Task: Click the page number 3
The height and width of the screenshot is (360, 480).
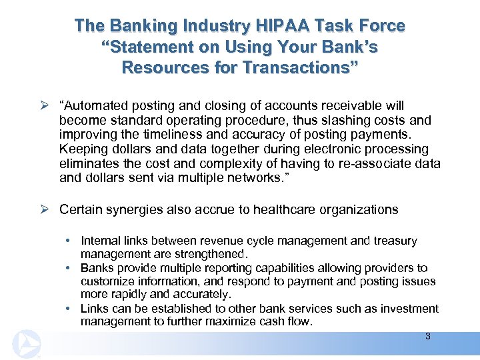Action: click(x=428, y=337)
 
